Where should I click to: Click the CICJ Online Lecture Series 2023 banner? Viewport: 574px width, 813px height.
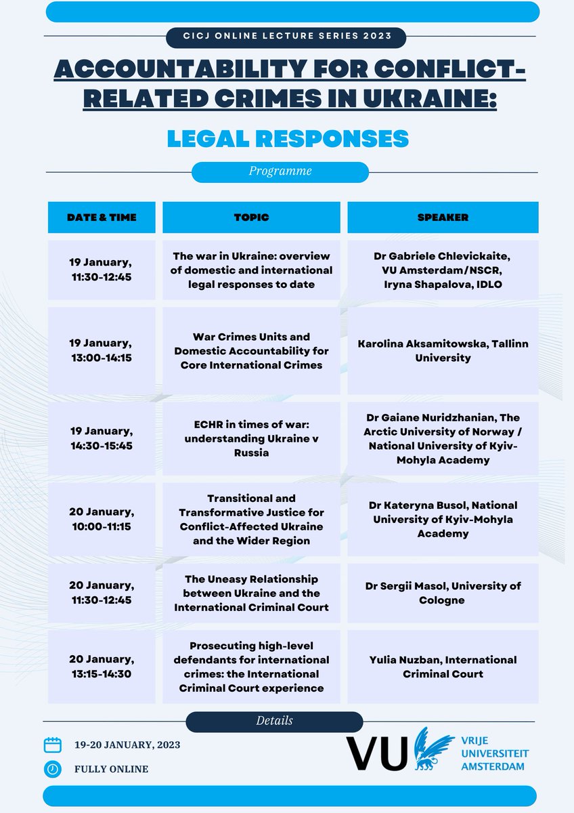tap(286, 37)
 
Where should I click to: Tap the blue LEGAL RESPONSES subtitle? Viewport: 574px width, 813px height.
tap(288, 139)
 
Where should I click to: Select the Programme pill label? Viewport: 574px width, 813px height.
tap(280, 172)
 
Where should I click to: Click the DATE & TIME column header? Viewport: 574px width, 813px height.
tap(102, 217)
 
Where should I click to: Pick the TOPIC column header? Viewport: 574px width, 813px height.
tap(251, 217)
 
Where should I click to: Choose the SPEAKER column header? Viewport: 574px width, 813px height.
tap(443, 217)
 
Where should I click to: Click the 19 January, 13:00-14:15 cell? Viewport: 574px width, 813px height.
tap(102, 351)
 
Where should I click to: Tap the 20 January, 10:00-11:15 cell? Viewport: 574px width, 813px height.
tap(102, 519)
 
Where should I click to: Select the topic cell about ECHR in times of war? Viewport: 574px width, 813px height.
tap(251, 438)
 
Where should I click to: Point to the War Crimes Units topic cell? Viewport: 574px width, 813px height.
tap(251, 351)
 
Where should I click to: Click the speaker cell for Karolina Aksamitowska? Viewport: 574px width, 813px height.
tap(443, 351)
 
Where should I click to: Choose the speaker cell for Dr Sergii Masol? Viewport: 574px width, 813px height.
tap(443, 593)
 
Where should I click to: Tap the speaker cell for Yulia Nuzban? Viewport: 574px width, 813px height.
tap(443, 667)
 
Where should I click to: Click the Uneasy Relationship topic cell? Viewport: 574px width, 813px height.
tap(251, 593)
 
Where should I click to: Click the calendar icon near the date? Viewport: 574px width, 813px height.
tap(53, 745)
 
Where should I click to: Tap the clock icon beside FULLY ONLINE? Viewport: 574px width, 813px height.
tap(53, 769)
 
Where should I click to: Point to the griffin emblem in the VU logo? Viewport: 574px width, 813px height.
tap(433, 749)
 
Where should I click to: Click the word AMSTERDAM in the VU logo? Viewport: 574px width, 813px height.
tap(492, 766)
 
